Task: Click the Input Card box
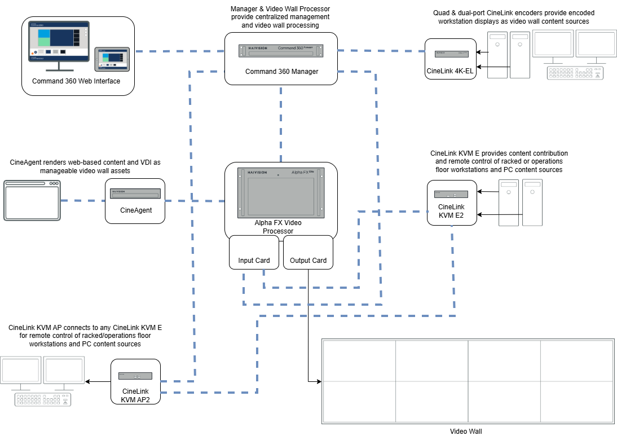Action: click(x=254, y=252)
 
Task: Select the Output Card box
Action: click(x=308, y=252)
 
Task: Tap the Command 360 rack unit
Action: click(x=281, y=51)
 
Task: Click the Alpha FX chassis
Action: click(x=281, y=193)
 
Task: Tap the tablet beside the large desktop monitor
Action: click(x=112, y=59)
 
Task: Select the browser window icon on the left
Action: click(x=32, y=200)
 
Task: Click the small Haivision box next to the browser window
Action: click(x=135, y=193)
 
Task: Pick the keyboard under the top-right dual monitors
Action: click(x=574, y=73)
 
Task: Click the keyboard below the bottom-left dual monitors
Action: click(x=43, y=399)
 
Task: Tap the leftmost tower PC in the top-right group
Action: click(x=497, y=55)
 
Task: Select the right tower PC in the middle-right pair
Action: click(x=532, y=203)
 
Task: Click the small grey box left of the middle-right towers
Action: click(x=451, y=194)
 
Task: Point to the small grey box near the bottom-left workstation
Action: click(x=135, y=376)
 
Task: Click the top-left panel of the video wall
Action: click(x=359, y=360)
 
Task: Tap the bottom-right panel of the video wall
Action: click(x=576, y=401)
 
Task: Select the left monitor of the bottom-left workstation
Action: click(x=21, y=371)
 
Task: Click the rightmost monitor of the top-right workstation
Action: click(x=595, y=44)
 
